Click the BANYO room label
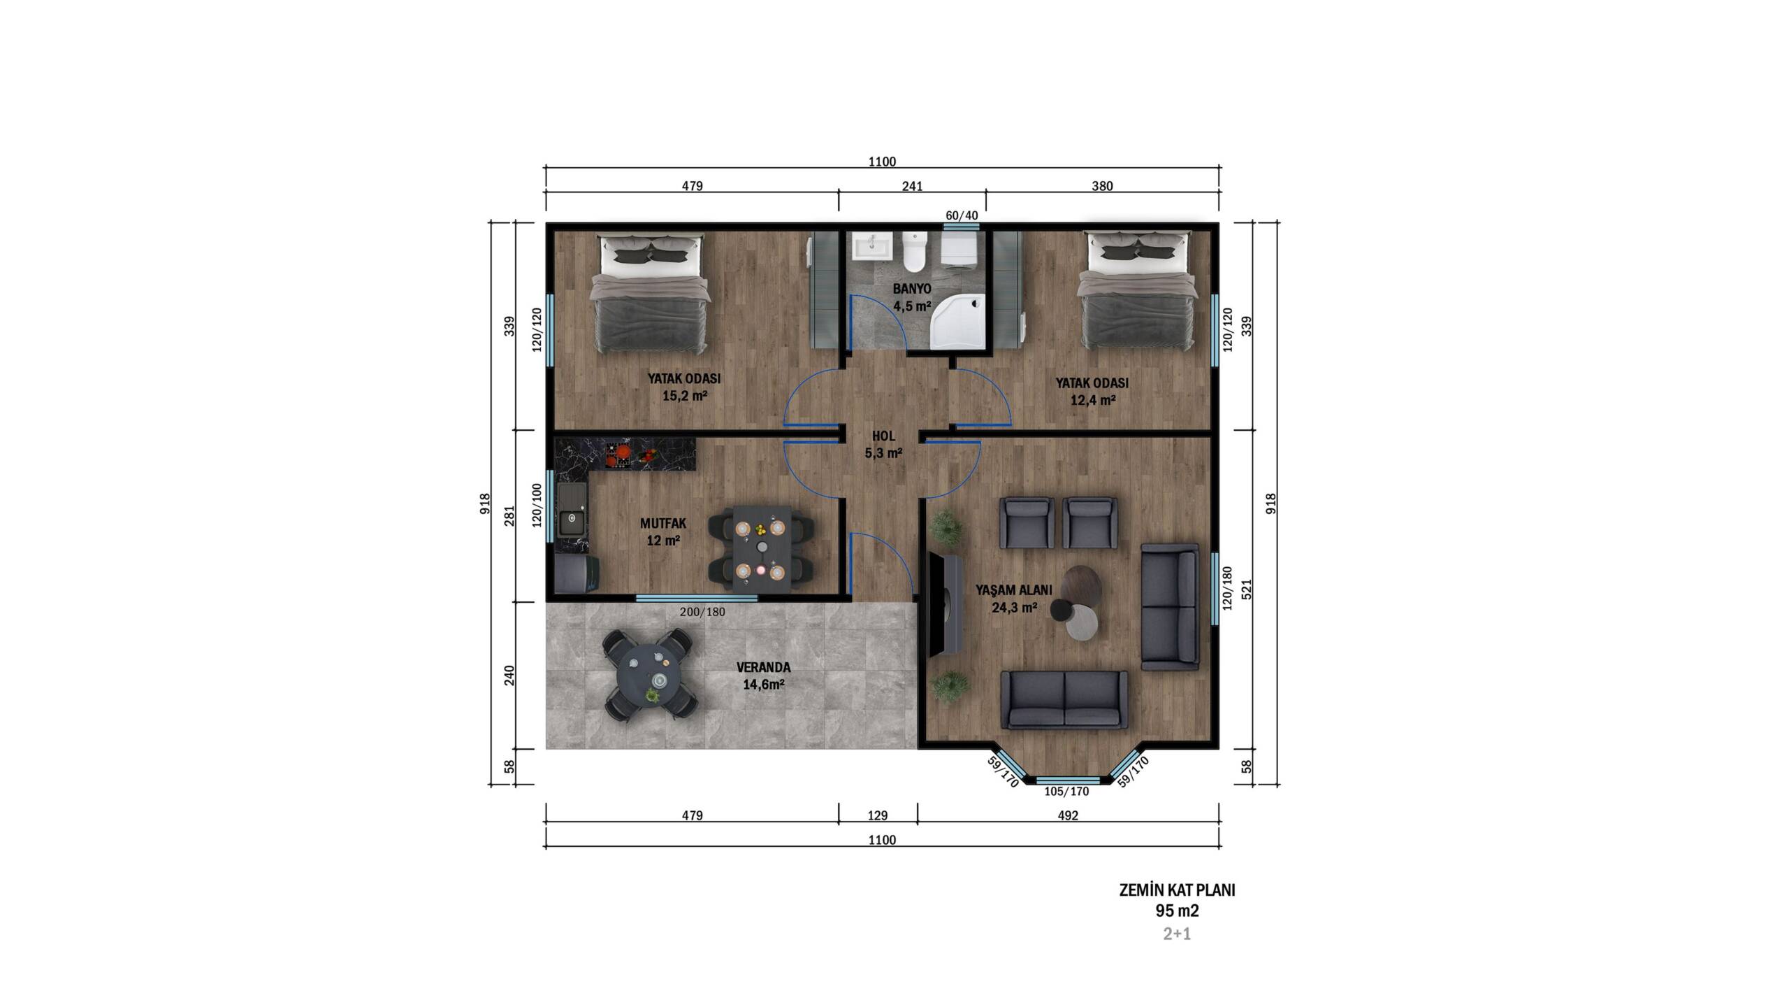912,289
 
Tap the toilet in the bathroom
914,252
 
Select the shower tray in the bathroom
960,321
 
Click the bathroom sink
873,247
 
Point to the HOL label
883,436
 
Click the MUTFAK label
663,523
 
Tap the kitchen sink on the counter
572,521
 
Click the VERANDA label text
764,667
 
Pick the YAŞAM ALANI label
1014,590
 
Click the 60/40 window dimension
962,215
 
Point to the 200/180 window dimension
702,612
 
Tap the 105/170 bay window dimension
1066,792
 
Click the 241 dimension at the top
912,186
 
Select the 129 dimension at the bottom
877,815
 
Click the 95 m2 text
1178,910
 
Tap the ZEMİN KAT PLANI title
1178,890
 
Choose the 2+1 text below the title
1177,934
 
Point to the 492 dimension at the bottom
1068,815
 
